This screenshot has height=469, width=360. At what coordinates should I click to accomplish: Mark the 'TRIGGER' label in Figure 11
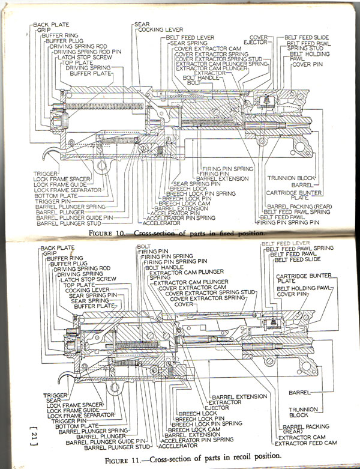[x=54, y=395]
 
